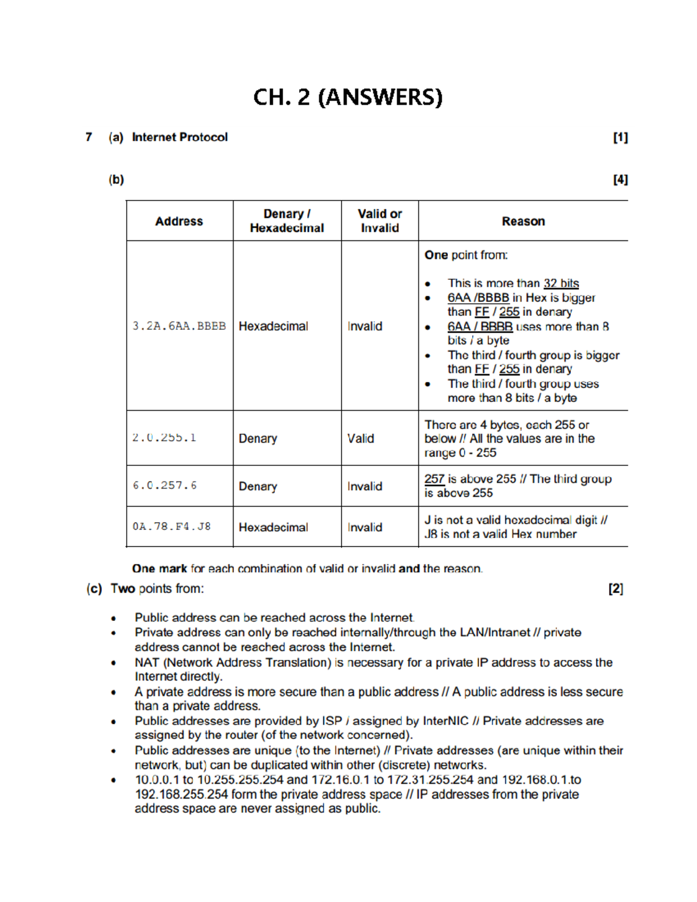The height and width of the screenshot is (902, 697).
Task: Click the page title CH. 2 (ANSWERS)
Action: [x=348, y=97]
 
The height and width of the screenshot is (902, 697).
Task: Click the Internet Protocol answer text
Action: [x=179, y=138]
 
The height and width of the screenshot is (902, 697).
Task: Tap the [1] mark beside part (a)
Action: [x=620, y=138]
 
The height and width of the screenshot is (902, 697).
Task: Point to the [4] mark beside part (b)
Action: [x=620, y=180]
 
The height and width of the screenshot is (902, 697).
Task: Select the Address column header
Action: [x=179, y=221]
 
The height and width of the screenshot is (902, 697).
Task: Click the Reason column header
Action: [x=523, y=221]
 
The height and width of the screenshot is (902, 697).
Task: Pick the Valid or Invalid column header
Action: [x=380, y=221]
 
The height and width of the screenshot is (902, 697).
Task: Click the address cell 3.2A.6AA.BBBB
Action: [x=179, y=326]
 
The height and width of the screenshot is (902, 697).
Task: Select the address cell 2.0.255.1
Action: [x=164, y=438]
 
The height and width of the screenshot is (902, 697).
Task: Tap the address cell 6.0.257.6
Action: [x=165, y=486]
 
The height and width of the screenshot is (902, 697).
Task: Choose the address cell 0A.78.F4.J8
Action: [x=171, y=527]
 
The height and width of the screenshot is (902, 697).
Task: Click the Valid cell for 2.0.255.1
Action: [x=361, y=439]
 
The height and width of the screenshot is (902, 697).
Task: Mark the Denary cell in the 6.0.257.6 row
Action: [x=258, y=486]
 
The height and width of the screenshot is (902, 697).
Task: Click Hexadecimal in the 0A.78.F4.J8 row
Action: [x=273, y=527]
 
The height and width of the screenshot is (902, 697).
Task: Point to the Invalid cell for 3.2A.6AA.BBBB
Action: [x=365, y=326]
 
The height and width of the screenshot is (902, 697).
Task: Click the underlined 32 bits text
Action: [x=561, y=283]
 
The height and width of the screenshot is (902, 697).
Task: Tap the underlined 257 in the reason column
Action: [x=434, y=479]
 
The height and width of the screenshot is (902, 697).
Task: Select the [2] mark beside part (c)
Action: [x=616, y=589]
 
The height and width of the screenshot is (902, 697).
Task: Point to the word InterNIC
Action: [x=445, y=721]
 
